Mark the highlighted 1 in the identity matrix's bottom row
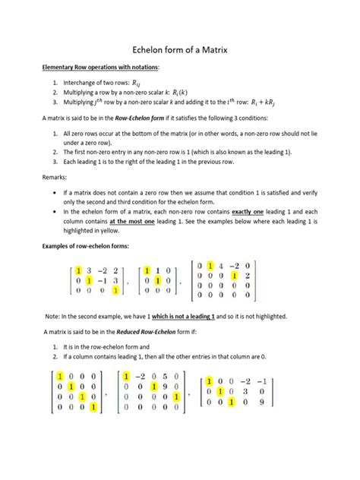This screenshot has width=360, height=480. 93,406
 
